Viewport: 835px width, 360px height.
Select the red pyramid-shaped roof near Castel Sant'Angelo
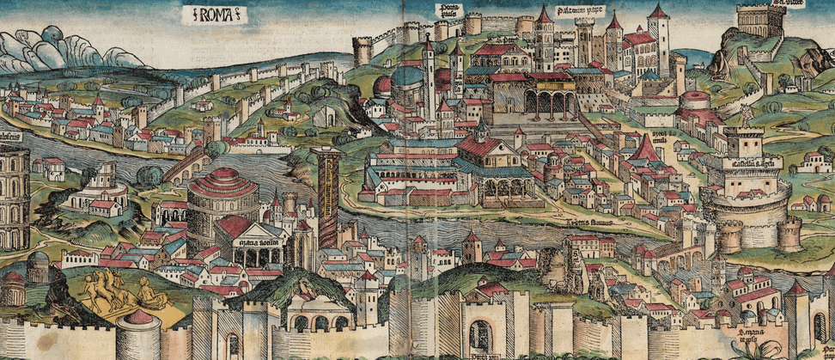644,150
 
